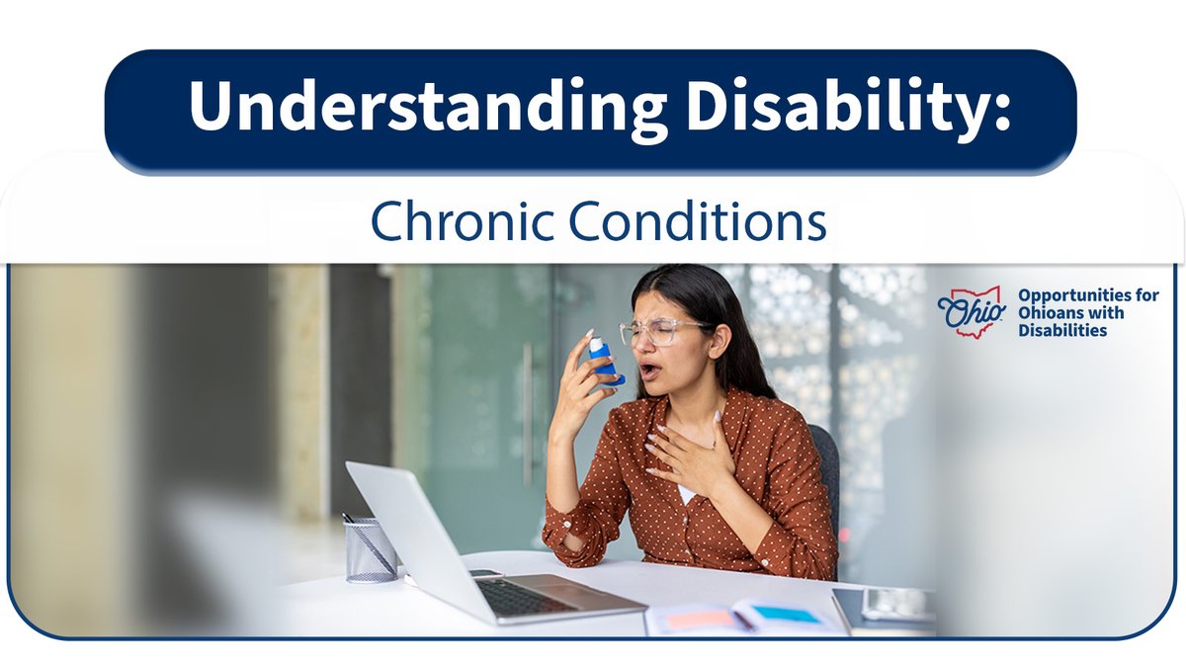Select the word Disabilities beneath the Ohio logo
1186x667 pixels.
point(1062,331)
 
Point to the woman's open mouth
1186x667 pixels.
point(647,372)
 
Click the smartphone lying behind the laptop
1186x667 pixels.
point(483,573)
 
